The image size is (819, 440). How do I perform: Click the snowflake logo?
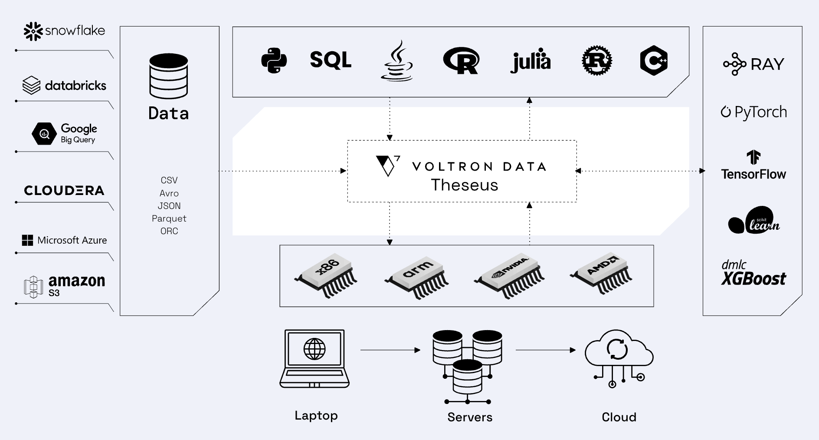point(64,31)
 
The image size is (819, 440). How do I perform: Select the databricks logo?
point(64,86)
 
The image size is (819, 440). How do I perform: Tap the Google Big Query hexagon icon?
point(44,134)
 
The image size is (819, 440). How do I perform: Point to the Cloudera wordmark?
point(64,191)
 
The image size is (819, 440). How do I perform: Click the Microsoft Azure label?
point(64,240)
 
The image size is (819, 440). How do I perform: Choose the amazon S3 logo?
point(64,287)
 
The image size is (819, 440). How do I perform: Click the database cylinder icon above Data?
point(169,76)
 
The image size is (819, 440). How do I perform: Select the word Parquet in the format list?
point(169,218)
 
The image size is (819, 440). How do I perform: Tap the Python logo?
point(274,60)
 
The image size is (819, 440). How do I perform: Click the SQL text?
point(331,60)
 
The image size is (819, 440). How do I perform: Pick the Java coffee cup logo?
point(397,61)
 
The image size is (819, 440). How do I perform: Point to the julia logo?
point(531,61)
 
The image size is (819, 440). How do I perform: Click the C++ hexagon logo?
point(654,60)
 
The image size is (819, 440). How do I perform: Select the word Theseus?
point(465,185)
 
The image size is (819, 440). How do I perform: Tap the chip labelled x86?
point(326,275)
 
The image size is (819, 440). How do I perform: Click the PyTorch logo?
point(754,112)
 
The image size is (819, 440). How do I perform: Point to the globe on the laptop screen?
point(314,349)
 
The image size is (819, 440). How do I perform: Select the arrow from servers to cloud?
point(546,350)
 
